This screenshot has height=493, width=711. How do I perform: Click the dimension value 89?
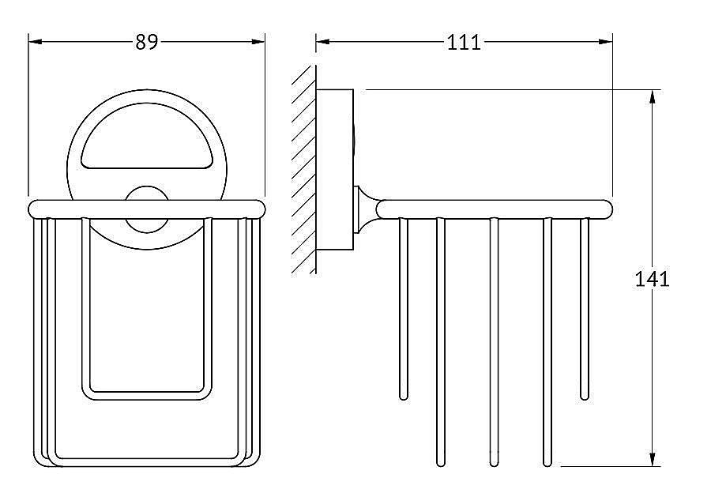[146, 42]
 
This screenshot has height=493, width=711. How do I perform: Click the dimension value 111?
[464, 42]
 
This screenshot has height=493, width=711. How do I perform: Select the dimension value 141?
[653, 278]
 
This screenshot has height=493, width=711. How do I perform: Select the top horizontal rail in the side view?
[495, 208]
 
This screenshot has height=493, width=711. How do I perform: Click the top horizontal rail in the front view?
[147, 209]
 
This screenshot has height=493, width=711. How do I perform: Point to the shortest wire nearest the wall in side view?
[404, 308]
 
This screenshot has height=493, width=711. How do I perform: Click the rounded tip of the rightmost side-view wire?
[585, 395]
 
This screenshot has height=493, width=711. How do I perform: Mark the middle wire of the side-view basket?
[494, 340]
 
